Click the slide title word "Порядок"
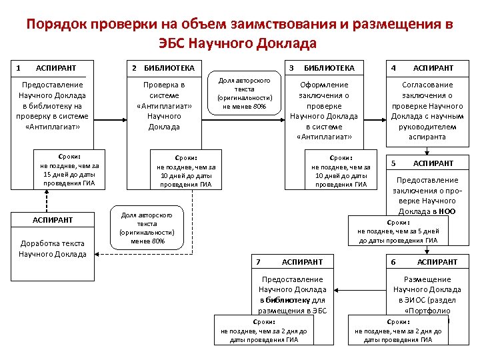pos(56,25)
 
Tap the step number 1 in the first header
pos(18,68)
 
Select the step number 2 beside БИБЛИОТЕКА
pos(135,68)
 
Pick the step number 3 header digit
pos(291,68)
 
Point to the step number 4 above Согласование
pos(394,68)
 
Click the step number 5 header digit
pos(394,163)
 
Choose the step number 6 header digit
pos(394,262)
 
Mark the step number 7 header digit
pos(259,262)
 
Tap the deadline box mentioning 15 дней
pos(69,170)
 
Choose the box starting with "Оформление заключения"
pos(323,111)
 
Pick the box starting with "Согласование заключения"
pos(427,111)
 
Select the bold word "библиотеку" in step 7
pos(289,300)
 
